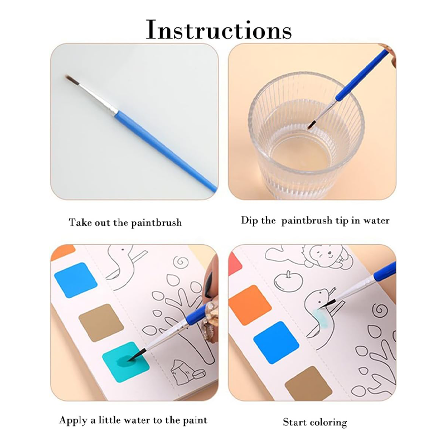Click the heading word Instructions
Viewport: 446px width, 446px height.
219,30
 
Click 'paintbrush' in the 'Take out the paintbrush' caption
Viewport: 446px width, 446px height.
156,222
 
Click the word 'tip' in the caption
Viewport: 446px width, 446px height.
342,221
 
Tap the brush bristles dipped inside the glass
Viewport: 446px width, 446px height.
312,124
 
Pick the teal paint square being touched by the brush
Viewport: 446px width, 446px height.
126,361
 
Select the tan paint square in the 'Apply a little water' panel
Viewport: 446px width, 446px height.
101,323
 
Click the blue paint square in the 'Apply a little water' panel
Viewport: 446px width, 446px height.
76,280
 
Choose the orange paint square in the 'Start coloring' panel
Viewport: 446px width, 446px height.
250,305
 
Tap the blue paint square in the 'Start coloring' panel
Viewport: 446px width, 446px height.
276,343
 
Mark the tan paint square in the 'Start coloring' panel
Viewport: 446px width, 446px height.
309,384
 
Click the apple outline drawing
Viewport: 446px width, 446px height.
287,281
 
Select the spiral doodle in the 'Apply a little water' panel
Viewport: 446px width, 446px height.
181,261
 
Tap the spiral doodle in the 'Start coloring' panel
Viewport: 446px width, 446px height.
380,311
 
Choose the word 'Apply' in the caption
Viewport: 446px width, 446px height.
73,421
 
